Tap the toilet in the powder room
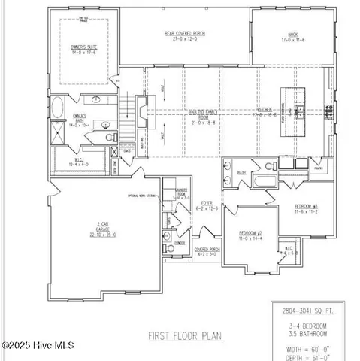pos(166,237)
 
